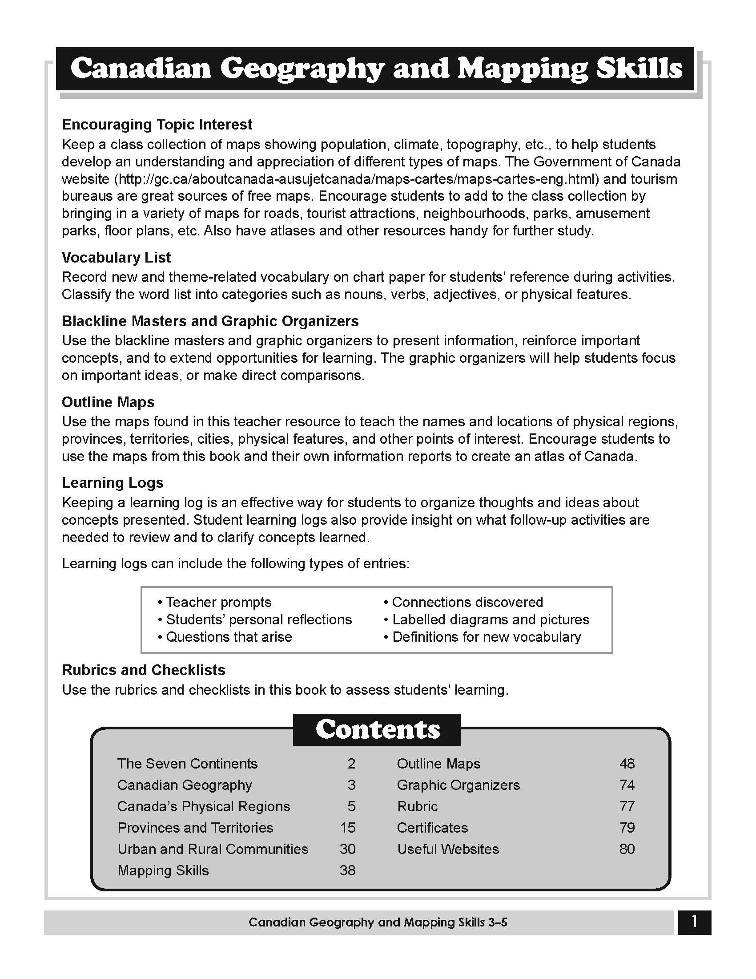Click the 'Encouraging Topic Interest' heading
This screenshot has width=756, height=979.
(x=157, y=124)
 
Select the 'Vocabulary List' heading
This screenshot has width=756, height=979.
(x=116, y=257)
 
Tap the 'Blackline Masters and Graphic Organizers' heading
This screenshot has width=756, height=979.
(x=210, y=321)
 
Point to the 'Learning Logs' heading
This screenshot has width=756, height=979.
(x=113, y=482)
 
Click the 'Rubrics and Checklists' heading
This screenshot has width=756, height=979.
(x=143, y=670)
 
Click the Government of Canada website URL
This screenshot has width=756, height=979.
(x=358, y=179)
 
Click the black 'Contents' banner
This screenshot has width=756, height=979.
(x=377, y=729)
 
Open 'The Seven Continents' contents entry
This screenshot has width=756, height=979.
(x=187, y=763)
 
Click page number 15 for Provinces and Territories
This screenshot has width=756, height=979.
(x=348, y=828)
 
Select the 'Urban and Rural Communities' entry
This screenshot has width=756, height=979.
(x=213, y=849)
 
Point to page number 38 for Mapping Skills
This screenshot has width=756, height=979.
(x=348, y=870)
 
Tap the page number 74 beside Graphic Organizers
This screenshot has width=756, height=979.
(x=627, y=785)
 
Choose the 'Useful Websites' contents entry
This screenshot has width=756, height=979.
(x=448, y=849)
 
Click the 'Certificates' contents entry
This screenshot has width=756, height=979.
(x=432, y=828)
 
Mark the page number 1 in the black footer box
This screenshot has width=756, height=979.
(x=694, y=922)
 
